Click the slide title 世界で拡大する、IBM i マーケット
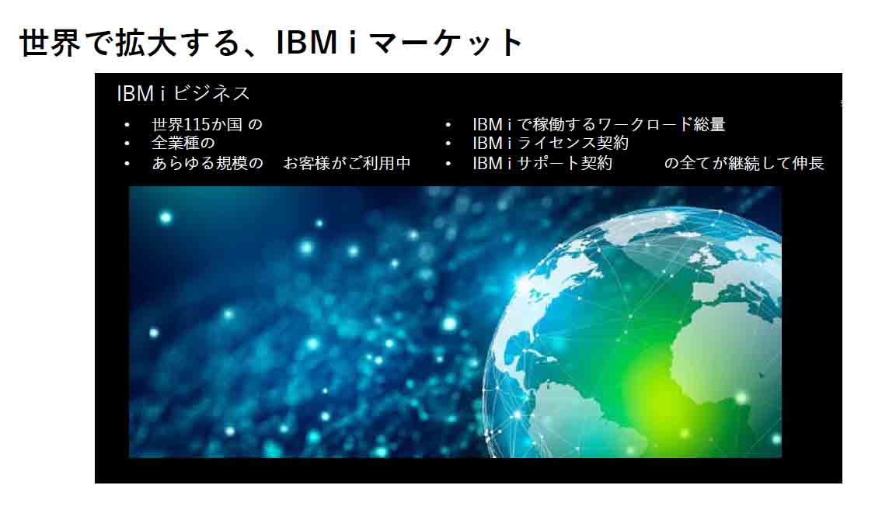pos(271,43)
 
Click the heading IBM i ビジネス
pos(183,93)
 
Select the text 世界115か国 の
pos(207,124)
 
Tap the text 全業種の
pos(183,144)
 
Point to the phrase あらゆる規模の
pos(207,163)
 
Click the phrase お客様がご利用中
pos(347,163)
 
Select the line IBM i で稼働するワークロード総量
pos(599,124)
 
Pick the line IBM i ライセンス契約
pos(550,144)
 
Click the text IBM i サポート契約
pos(542,163)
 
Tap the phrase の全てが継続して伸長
pos(744,163)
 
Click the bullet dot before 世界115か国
pos(127,125)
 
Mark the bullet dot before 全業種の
pos(127,144)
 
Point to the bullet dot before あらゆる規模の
pos(127,164)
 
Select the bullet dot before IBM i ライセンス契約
pos(448,144)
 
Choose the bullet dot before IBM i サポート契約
pos(448,164)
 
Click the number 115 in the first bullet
pos(196,124)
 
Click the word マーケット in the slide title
pos(446,43)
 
